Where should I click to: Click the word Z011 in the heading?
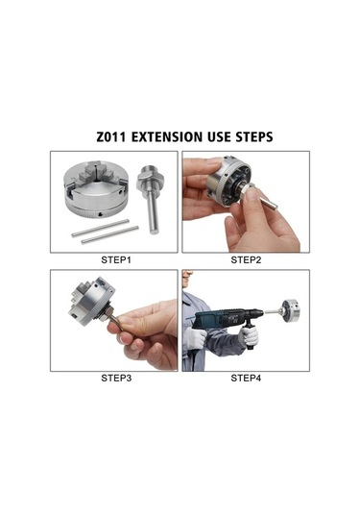(111, 137)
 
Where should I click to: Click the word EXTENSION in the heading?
(167, 137)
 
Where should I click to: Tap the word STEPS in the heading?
(254, 137)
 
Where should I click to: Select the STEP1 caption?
(116, 260)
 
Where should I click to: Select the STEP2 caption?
(246, 260)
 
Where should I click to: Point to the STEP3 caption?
(116, 378)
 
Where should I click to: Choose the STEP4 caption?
(246, 378)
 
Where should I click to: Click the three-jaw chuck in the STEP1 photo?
(95, 189)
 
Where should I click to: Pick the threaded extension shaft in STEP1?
(150, 199)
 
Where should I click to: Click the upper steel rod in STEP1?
(100, 229)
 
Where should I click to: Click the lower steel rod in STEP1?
(109, 234)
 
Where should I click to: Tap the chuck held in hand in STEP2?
(229, 182)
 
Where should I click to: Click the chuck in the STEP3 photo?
(92, 302)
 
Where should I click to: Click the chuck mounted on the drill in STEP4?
(291, 310)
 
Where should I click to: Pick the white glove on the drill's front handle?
(250, 335)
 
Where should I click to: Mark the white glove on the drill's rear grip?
(194, 337)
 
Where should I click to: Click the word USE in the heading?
(219, 137)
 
